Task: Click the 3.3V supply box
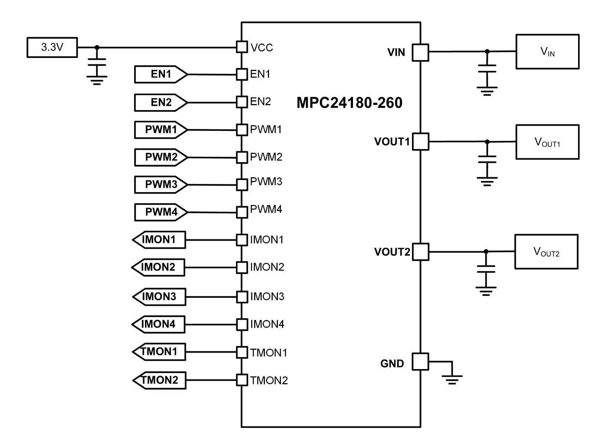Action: [x=52, y=48]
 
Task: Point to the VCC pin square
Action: [x=242, y=47]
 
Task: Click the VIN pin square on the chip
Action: [x=421, y=52]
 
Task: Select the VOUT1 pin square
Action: [x=421, y=142]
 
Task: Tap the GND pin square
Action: [x=421, y=362]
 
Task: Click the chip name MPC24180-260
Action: [x=349, y=103]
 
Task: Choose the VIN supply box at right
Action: [x=547, y=52]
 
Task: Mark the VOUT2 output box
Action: [x=546, y=252]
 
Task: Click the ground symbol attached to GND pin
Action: [x=452, y=379]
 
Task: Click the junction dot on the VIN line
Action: [x=487, y=51]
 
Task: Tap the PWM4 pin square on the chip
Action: [x=242, y=212]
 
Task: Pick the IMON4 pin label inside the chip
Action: [x=267, y=324]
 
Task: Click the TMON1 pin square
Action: [x=242, y=352]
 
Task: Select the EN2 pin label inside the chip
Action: [x=260, y=101]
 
